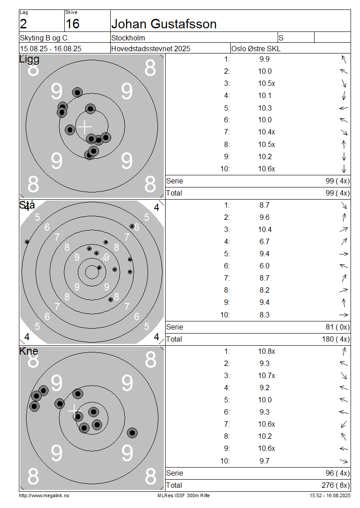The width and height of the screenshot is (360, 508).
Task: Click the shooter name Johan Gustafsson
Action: (x=164, y=24)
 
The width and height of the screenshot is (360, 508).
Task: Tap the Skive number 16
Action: (x=72, y=24)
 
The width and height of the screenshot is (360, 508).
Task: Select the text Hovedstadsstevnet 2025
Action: (x=150, y=49)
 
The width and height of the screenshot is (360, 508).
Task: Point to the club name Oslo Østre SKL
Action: (x=256, y=49)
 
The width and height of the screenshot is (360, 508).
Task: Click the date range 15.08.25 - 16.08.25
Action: (x=50, y=49)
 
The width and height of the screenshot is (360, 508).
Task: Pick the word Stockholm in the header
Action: (x=128, y=38)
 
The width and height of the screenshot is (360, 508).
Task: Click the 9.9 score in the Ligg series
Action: (x=264, y=59)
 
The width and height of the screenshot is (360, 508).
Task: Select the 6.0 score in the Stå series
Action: (x=264, y=266)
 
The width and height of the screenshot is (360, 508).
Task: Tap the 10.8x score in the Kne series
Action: (x=266, y=351)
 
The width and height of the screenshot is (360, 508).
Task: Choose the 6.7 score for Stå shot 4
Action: (x=264, y=242)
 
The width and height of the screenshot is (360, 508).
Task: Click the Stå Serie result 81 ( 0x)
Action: (x=337, y=327)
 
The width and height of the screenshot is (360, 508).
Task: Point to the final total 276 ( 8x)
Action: (x=336, y=485)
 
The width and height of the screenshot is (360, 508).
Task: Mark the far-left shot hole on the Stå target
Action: (x=27, y=242)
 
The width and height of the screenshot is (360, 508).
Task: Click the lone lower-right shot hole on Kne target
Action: (x=132, y=432)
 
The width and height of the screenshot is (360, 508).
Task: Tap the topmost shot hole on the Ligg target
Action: (x=77, y=92)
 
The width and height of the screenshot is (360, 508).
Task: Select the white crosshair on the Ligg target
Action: (x=85, y=127)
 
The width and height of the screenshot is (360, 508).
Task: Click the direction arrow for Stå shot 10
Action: (x=344, y=315)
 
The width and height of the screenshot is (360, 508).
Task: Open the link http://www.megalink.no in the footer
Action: (x=44, y=495)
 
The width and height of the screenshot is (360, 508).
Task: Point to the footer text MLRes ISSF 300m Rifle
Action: (x=184, y=495)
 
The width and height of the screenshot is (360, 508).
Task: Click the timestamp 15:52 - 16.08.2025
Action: (x=330, y=495)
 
